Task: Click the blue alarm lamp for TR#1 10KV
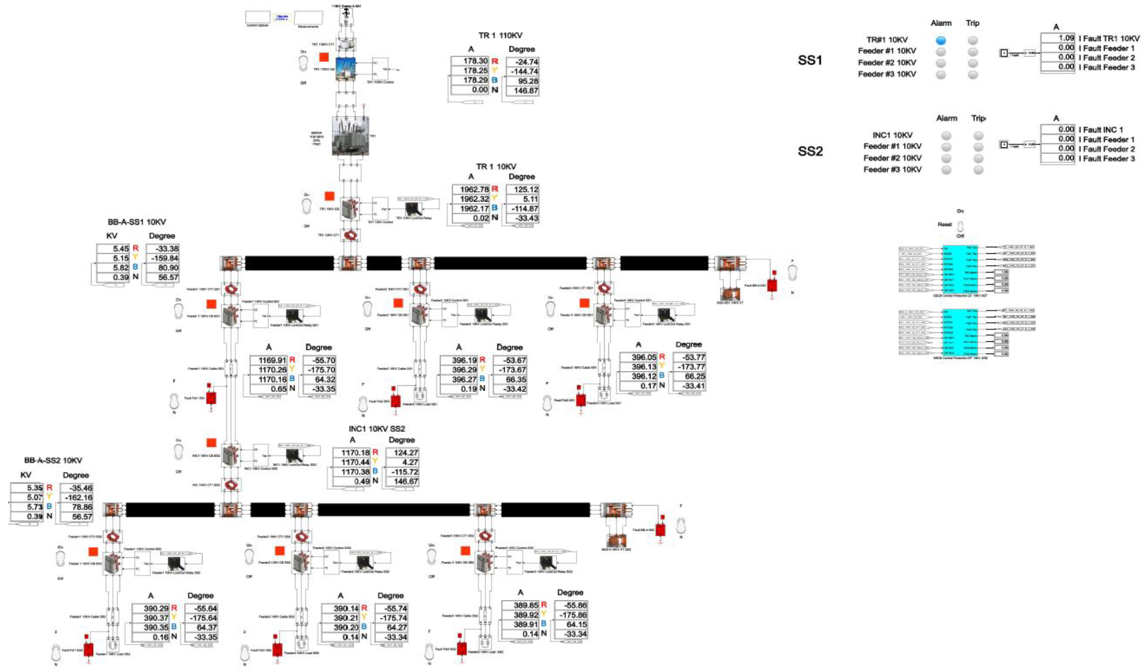tap(941, 40)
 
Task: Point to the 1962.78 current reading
tap(471, 189)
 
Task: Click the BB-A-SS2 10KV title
tap(53, 461)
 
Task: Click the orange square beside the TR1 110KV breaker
tap(324, 57)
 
